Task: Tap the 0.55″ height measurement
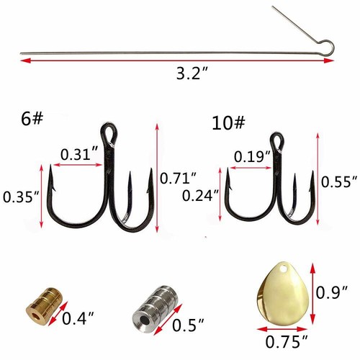click(x=337, y=181)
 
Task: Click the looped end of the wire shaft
click(x=328, y=48)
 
